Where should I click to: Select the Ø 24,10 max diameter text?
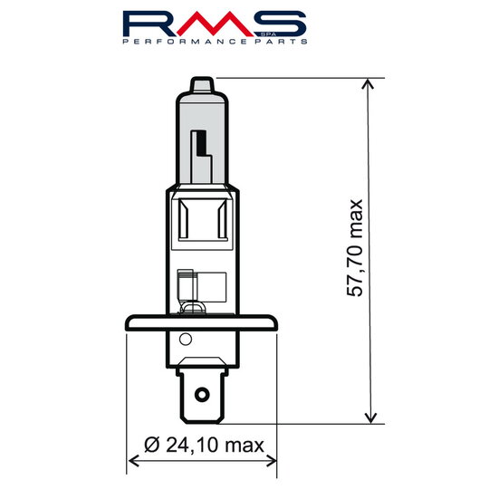(x=203, y=445)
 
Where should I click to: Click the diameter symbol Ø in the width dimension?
(x=151, y=445)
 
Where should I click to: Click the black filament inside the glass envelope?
(x=201, y=146)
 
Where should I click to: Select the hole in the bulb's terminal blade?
(x=201, y=395)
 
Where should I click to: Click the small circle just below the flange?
(x=186, y=340)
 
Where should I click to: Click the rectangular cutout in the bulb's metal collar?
(x=201, y=221)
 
